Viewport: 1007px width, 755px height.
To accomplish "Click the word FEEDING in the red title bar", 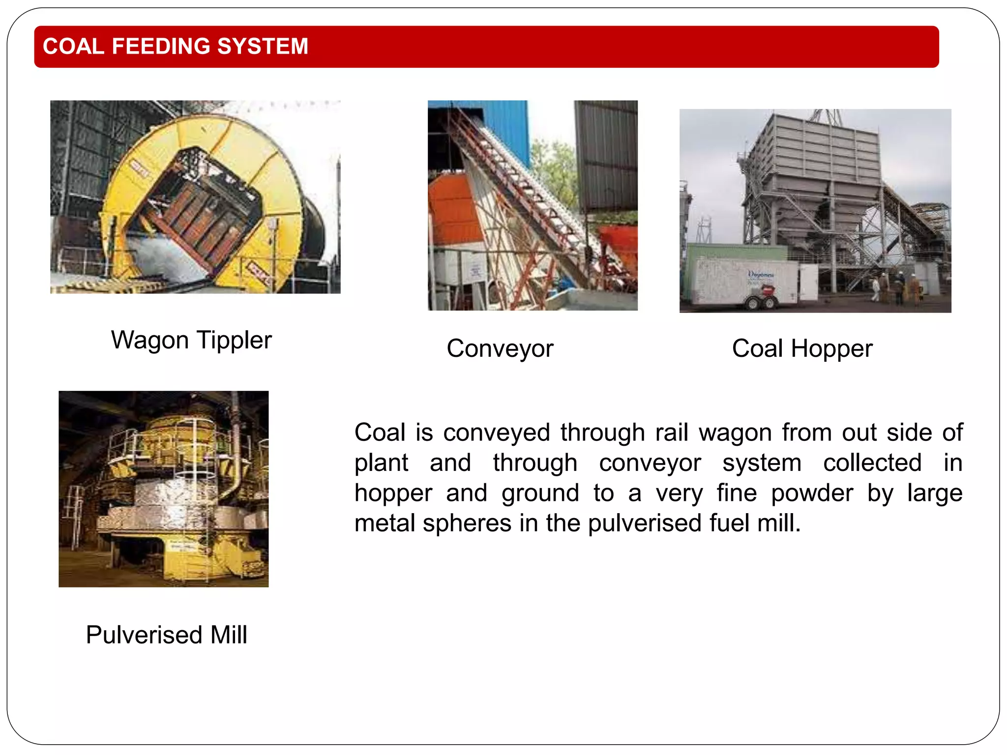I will [x=161, y=47].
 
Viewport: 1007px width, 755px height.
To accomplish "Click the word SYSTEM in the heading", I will [x=263, y=47].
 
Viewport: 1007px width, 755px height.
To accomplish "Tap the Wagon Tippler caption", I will [x=191, y=340].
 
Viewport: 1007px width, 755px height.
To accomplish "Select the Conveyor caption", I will [x=500, y=348].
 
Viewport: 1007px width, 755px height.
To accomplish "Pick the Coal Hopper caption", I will [x=802, y=348].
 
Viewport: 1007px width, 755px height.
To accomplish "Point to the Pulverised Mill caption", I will [x=166, y=635].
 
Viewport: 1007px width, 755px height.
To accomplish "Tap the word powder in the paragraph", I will [x=812, y=493].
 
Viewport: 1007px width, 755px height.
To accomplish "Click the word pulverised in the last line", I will [x=644, y=523].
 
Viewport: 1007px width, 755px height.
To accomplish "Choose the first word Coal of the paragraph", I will [x=380, y=433].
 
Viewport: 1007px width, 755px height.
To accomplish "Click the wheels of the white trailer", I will [x=762, y=302].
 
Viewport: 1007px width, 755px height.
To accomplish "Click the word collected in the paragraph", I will [x=872, y=463].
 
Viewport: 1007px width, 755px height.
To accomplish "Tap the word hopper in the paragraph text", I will [x=393, y=493].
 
